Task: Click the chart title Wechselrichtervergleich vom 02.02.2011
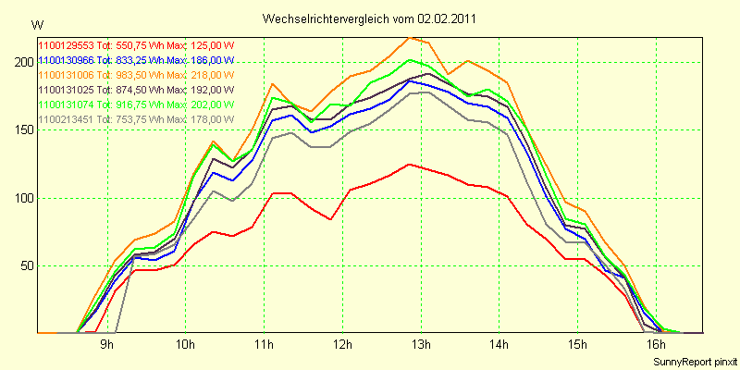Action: click(x=368, y=18)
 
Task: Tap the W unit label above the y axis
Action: click(x=37, y=26)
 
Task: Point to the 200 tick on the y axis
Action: click(x=23, y=62)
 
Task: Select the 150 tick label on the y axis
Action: click(x=23, y=130)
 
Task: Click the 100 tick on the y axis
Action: click(x=23, y=198)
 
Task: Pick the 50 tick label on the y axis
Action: click(x=26, y=265)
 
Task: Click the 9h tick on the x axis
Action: click(x=108, y=343)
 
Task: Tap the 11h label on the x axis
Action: click(x=265, y=343)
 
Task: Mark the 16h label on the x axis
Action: click(x=657, y=343)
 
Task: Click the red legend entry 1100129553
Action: click(x=66, y=45)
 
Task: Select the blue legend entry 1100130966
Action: click(x=66, y=60)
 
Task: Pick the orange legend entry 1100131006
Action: click(x=66, y=75)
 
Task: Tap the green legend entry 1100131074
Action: click(x=66, y=104)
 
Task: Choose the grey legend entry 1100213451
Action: click(x=66, y=118)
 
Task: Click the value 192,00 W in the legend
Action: click(x=212, y=89)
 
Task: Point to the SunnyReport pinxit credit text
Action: click(x=694, y=362)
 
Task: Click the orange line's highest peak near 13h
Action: click(x=410, y=37)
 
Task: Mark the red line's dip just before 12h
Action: click(x=330, y=219)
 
